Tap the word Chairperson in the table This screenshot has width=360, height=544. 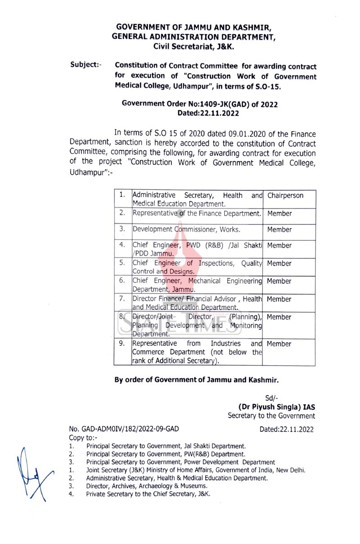pyautogui.click(x=285, y=195)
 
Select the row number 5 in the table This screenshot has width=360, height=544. pyautogui.click(x=122, y=263)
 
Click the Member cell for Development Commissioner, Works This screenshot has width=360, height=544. pyautogui.click(x=279, y=230)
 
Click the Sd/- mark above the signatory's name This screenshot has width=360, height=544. pyautogui.click(x=272, y=398)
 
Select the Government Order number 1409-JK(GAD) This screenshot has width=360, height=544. pyautogui.click(x=200, y=104)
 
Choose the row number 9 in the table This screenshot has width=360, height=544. pyautogui.click(x=122, y=344)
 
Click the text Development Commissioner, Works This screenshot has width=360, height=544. pyautogui.click(x=186, y=230)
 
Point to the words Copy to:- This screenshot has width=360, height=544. pyautogui.click(x=83, y=438)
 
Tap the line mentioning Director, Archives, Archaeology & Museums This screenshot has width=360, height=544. pyautogui.click(x=147, y=486)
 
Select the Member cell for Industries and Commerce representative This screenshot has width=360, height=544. pyautogui.click(x=279, y=344)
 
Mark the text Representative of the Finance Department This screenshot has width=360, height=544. pyautogui.click(x=197, y=213)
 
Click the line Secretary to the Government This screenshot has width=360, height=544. pyautogui.click(x=271, y=416)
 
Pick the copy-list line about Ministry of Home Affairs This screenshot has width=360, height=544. pyautogui.click(x=196, y=470)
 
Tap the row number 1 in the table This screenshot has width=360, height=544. pyautogui.click(x=122, y=195)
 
